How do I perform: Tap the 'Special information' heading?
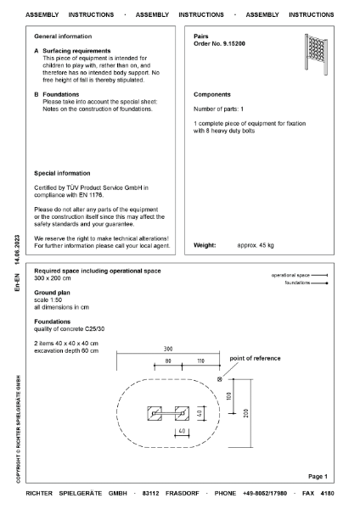point(62,173)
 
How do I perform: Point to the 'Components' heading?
point(212,95)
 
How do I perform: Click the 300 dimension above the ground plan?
point(167,349)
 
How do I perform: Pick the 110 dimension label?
point(201,361)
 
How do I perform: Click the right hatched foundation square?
point(181,413)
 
